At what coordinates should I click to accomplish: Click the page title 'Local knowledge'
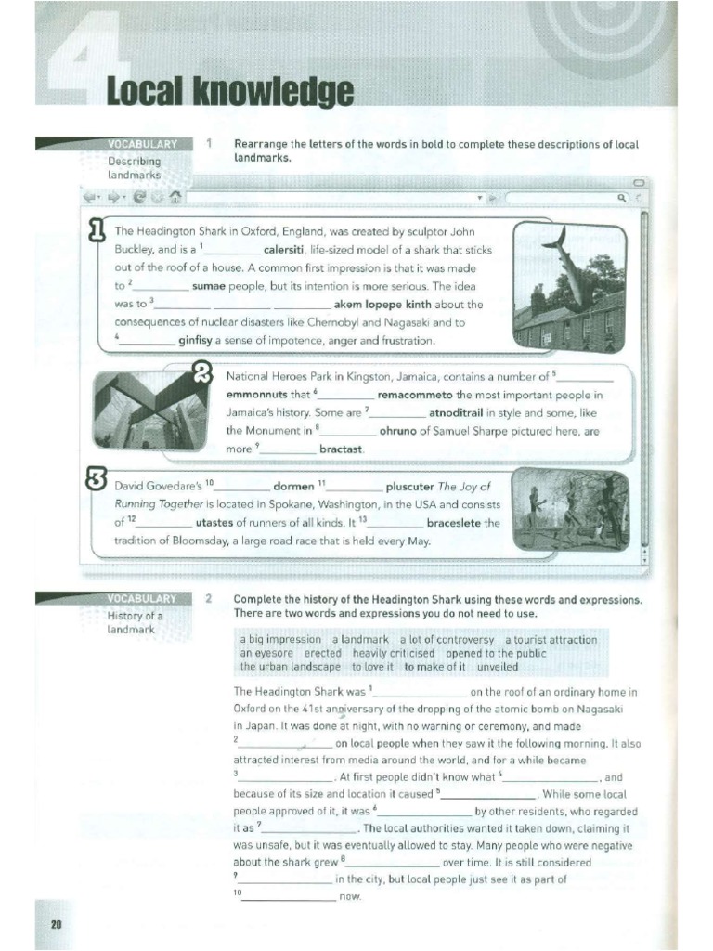point(230,92)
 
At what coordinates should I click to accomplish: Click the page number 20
point(56,924)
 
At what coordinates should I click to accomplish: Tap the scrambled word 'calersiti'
point(292,250)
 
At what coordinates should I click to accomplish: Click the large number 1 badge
point(95,229)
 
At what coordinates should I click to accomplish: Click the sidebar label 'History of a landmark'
point(136,622)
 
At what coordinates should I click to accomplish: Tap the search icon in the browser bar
point(620,198)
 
